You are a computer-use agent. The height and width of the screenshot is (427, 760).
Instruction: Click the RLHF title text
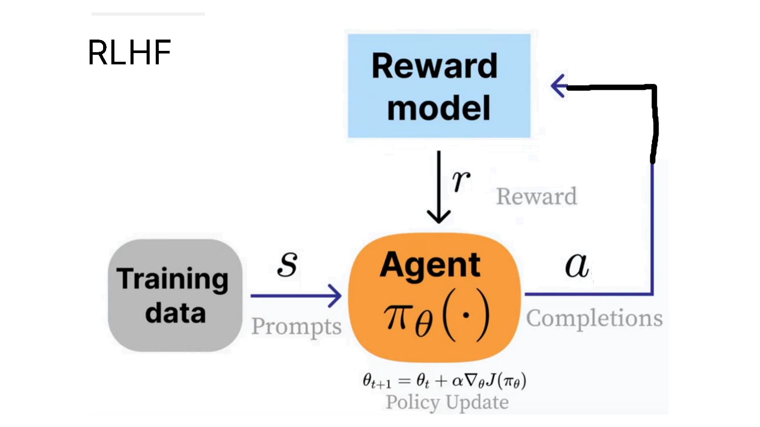click(129, 53)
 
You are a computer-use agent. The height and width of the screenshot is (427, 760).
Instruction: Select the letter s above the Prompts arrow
click(288, 264)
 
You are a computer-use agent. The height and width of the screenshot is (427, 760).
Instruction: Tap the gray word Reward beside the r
click(536, 197)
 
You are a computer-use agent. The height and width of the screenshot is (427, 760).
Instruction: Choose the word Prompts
click(296, 326)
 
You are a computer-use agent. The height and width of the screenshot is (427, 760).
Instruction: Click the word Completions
click(594, 318)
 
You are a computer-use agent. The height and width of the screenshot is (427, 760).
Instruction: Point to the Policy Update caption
click(447, 402)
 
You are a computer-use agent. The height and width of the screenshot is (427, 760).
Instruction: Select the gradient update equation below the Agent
click(444, 381)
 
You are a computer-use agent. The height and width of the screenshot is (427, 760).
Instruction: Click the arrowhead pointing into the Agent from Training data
click(335, 296)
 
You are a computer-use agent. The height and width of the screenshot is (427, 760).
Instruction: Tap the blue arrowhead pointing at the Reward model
click(558, 86)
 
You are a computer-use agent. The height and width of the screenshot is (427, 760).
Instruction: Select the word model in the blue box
click(439, 108)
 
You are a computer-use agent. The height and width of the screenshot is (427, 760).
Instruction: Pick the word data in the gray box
click(175, 313)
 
